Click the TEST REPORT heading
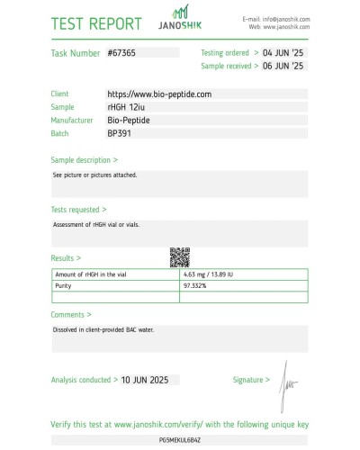point(96,23)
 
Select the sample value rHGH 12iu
point(130,106)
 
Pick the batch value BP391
point(121,132)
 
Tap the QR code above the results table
point(180,256)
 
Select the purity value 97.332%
point(196,285)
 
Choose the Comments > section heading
point(71,315)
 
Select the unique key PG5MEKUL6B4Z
point(180,441)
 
